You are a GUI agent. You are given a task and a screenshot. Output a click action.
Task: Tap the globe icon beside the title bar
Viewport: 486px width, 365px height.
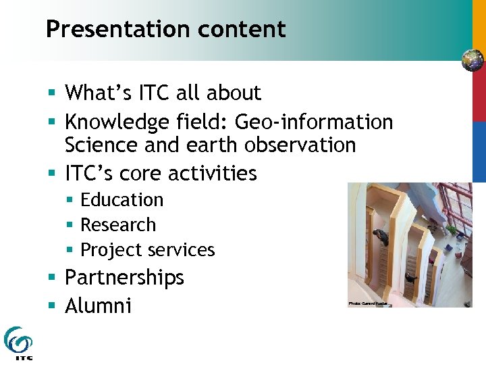point(473,60)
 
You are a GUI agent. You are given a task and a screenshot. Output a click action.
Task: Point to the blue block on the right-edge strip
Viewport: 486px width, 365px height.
point(479,151)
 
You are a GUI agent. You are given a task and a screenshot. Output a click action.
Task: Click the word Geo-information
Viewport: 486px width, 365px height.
point(313,122)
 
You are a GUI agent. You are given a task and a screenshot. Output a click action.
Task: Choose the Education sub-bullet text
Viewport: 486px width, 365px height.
point(122,200)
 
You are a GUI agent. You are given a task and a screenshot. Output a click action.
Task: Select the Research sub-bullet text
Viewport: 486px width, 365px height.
point(118,225)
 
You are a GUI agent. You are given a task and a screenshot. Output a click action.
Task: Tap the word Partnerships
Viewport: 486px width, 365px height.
point(124,278)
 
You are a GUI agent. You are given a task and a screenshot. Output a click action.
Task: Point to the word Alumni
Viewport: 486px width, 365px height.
point(98,306)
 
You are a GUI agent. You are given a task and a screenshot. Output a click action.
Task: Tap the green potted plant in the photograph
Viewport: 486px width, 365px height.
point(452,230)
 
